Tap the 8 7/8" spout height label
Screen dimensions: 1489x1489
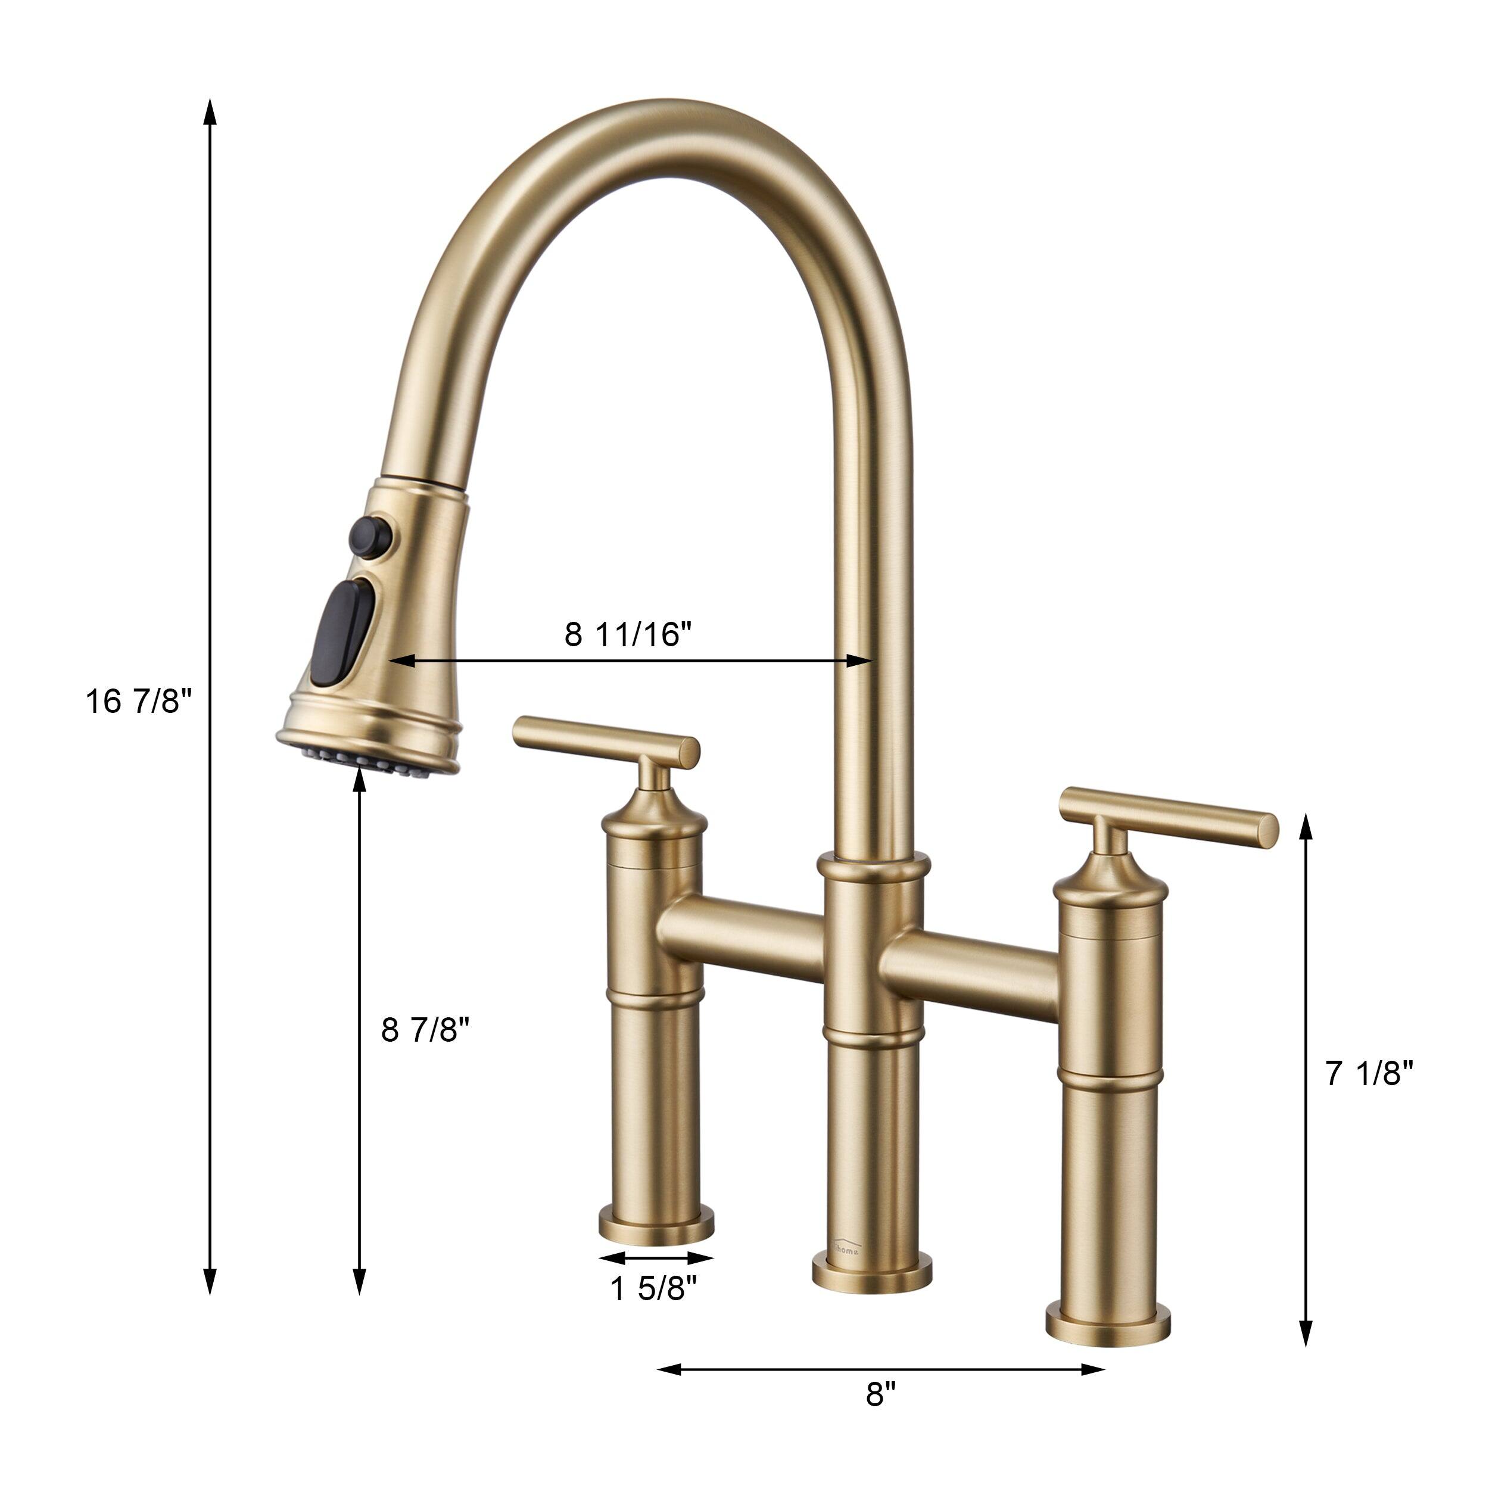point(425,1029)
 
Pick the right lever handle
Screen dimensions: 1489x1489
point(1169,817)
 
